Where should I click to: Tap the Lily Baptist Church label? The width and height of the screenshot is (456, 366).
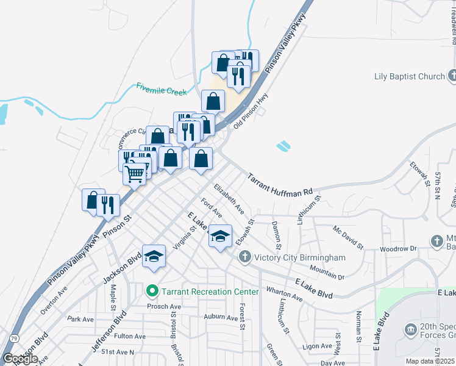(x=409, y=77)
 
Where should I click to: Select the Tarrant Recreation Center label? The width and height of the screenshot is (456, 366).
(x=210, y=292)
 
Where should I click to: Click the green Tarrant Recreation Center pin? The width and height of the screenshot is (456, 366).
(x=153, y=292)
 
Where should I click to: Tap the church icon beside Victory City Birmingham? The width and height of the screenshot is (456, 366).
(x=244, y=257)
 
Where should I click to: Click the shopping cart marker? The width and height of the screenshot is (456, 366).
(x=135, y=173)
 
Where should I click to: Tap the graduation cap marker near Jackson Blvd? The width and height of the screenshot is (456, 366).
(x=154, y=256)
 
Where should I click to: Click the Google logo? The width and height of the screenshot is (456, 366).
(x=20, y=359)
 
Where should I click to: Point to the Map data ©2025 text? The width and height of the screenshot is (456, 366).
(x=430, y=361)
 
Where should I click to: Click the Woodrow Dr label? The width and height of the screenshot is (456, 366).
(x=397, y=249)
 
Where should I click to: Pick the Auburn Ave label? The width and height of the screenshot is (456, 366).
(x=220, y=317)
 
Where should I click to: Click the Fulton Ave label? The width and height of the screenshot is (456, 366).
(x=130, y=336)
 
